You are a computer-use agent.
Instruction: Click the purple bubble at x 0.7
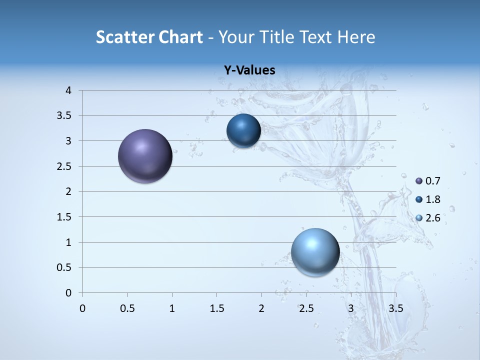coord(145,156)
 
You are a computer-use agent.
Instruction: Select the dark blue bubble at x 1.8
coord(243,131)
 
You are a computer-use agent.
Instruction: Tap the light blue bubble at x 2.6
coord(315,252)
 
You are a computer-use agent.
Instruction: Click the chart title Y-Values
coord(249,70)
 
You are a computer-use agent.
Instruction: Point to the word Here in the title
coord(356,37)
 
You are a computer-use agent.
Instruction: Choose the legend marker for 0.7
coord(419,181)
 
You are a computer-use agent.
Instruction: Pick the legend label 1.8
coord(433,199)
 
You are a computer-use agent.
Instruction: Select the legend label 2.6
coord(433,218)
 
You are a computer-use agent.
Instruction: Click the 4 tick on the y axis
coord(68,90)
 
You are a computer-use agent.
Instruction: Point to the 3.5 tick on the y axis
coord(64,116)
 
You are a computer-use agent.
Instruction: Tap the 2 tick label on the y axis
coord(68,191)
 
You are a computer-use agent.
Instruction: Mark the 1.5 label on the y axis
coord(64,217)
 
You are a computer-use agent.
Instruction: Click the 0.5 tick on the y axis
coord(64,267)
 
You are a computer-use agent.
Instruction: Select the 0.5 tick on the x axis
coord(127,308)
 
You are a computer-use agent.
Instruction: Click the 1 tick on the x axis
coord(172,308)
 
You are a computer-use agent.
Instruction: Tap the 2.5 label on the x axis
coord(306,308)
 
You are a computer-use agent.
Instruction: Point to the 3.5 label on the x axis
coord(396,308)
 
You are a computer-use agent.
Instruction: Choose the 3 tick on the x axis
coord(351,308)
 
